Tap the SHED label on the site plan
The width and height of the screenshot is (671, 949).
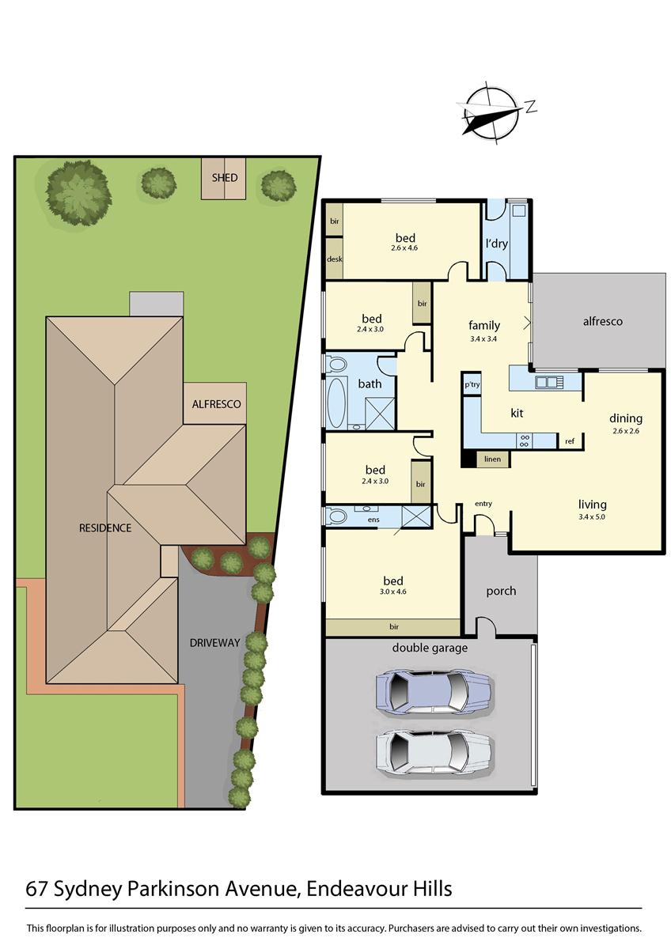pyautogui.click(x=224, y=178)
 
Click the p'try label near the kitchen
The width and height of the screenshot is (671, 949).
pyautogui.click(x=472, y=385)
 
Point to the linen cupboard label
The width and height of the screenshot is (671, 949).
pyautogui.click(x=492, y=459)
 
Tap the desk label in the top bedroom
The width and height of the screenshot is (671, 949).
pyautogui.click(x=334, y=259)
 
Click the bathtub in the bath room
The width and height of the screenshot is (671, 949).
pyautogui.click(x=337, y=402)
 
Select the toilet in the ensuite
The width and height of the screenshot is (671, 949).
pyautogui.click(x=338, y=516)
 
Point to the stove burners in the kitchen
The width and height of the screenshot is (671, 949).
pyautogui.click(x=524, y=440)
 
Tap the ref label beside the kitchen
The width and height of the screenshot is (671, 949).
pyautogui.click(x=570, y=441)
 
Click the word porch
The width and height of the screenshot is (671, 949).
pyautogui.click(x=501, y=591)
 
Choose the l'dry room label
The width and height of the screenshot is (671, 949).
pyautogui.click(x=496, y=244)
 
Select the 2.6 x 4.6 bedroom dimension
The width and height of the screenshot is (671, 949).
pyautogui.click(x=404, y=248)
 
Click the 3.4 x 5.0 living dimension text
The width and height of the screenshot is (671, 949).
pyautogui.click(x=592, y=516)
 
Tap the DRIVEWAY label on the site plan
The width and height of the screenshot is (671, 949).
pyautogui.click(x=214, y=643)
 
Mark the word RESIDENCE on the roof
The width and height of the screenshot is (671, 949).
pyautogui.click(x=104, y=527)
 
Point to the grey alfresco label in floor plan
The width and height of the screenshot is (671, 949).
pyautogui.click(x=602, y=321)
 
